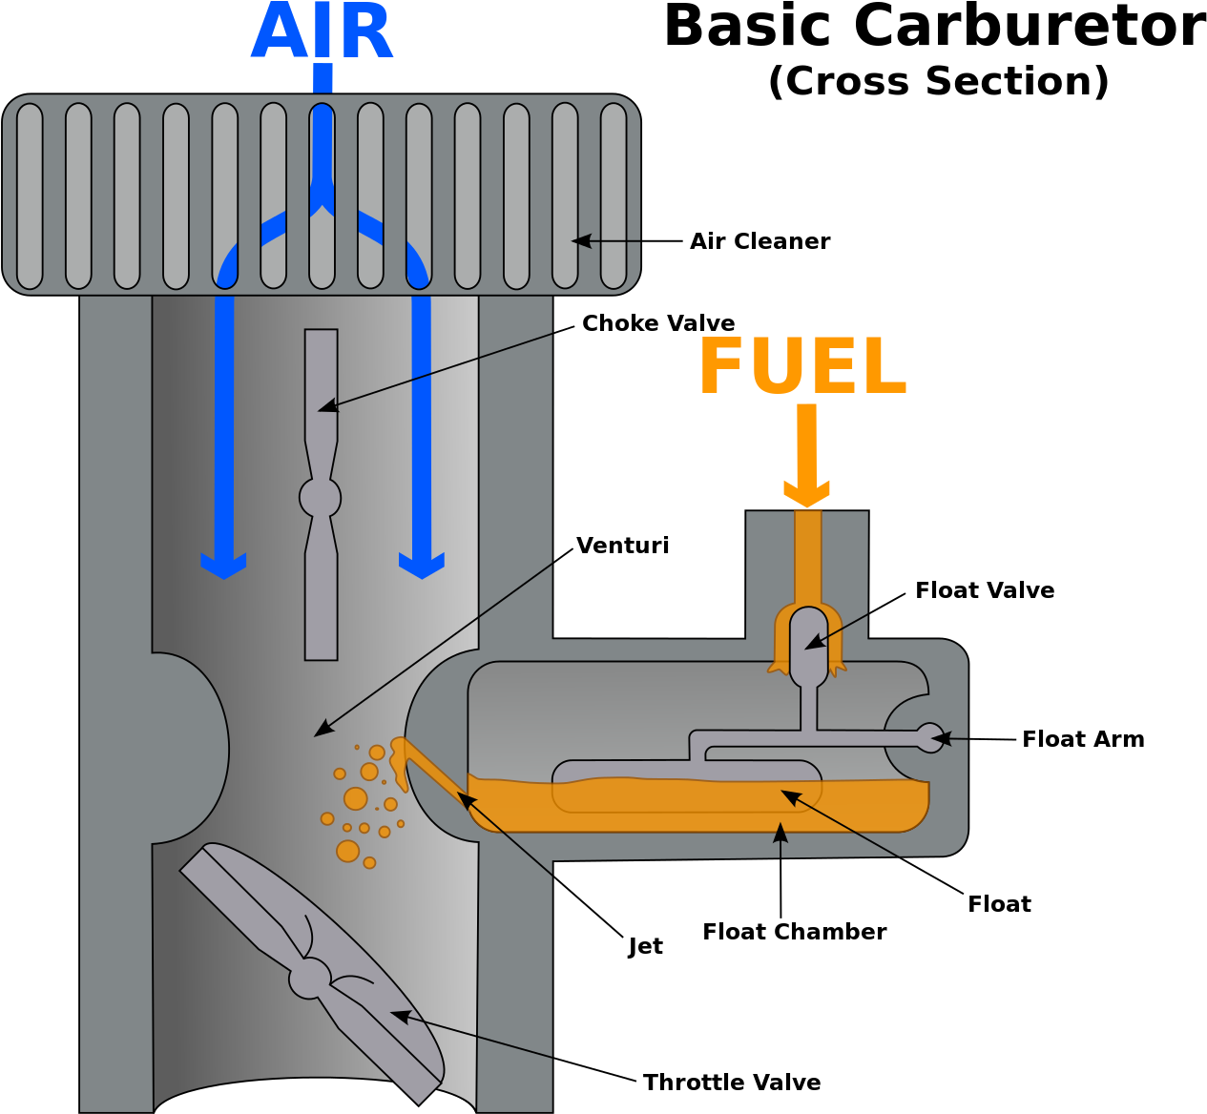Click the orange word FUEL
tap(802, 365)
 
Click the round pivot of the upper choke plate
tap(321, 497)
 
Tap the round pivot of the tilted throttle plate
tap(309, 978)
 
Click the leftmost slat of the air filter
tap(30, 196)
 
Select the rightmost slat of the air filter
tap(614, 196)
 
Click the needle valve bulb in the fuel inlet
tap(808, 644)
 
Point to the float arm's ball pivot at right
tap(928, 737)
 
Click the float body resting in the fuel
tap(687, 785)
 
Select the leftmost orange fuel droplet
tap(327, 818)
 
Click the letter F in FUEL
tap(721, 365)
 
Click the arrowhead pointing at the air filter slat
tap(579, 241)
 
